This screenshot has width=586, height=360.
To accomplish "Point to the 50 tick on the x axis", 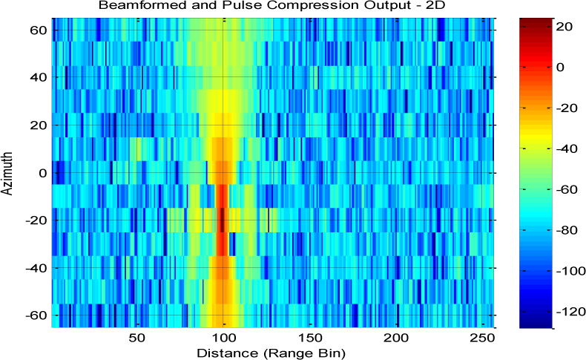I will (x=137, y=338).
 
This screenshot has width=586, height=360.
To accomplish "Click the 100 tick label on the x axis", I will (x=223, y=338).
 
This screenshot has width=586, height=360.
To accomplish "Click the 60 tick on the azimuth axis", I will (x=39, y=30).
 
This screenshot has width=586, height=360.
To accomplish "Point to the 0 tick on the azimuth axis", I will (x=43, y=173).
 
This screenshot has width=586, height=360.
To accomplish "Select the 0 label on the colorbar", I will (x=561, y=67).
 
